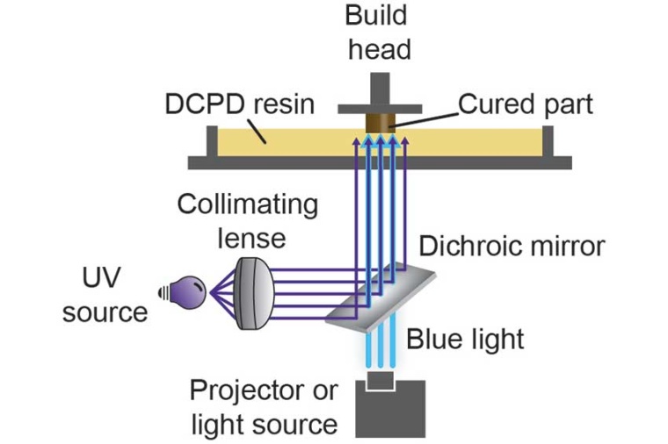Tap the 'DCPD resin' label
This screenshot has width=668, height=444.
[x=239, y=104]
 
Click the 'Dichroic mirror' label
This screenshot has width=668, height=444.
[x=512, y=245]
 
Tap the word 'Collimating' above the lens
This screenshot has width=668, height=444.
[x=247, y=204]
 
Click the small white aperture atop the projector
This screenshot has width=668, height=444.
[x=381, y=379]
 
